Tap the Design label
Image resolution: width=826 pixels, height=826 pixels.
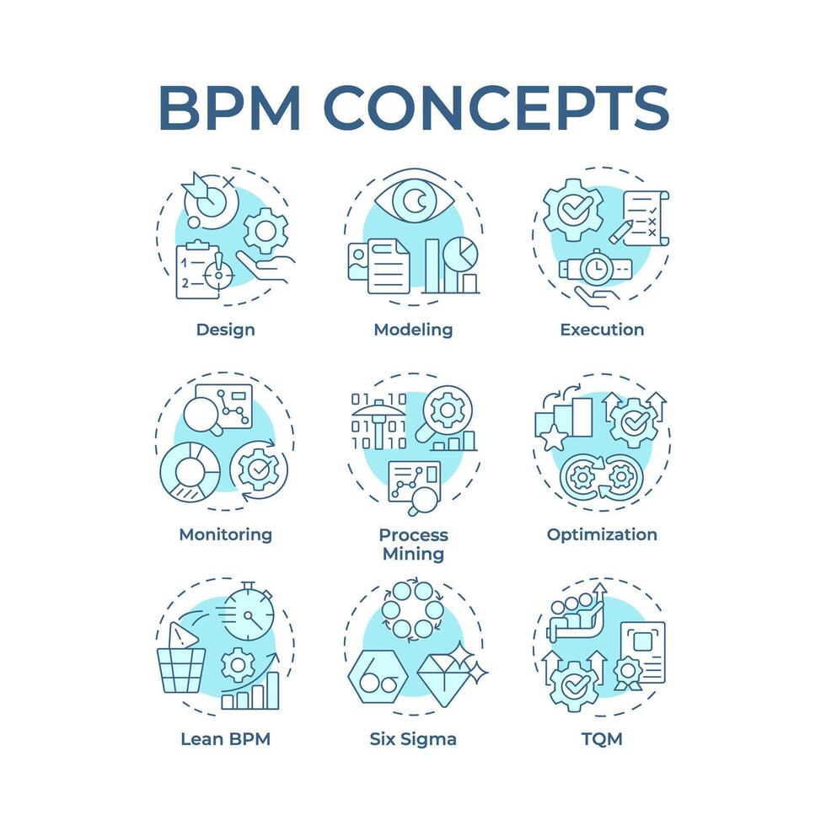[225, 330]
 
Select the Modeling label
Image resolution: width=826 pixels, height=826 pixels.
[413, 330]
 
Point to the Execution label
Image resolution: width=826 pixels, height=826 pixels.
[602, 330]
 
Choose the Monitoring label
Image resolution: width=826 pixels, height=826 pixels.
[225, 534]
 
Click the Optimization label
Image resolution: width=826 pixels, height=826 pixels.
[602, 534]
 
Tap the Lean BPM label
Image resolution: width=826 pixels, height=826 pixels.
[225, 740]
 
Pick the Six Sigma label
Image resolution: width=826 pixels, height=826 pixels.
[413, 740]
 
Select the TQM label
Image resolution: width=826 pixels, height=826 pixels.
[602, 740]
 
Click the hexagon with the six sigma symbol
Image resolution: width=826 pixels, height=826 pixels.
[379, 679]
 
